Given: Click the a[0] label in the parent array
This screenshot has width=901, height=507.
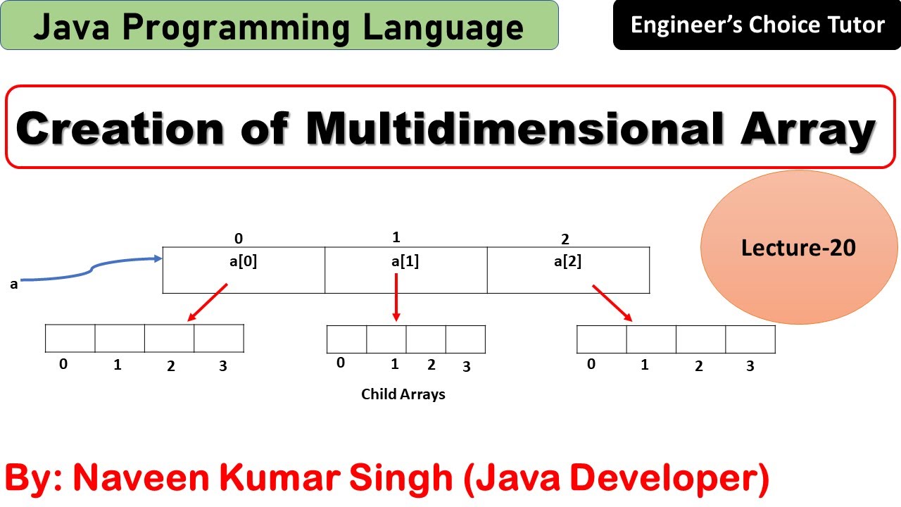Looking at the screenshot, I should pos(244,262).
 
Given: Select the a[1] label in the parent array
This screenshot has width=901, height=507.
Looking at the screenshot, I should pos(405,262).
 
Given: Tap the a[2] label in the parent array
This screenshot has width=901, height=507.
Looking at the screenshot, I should pos(567,262).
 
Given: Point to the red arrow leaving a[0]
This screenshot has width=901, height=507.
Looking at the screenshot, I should pos(208,303).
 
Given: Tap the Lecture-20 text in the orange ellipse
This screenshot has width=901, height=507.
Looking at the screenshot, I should pos(798,248).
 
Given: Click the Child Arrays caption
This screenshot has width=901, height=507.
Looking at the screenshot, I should pos(403,394).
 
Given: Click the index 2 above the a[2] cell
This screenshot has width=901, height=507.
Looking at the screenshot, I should pos(565,239).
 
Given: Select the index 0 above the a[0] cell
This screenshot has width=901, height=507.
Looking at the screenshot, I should pos(239,239).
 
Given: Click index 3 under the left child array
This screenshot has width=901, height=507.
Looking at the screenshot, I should pos(223,366).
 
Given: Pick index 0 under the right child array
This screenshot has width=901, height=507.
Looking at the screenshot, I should pos(591,364).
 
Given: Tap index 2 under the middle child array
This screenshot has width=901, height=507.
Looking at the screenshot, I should pos(431,365).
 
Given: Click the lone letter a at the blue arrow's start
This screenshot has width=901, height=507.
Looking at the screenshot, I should pos(14,284).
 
